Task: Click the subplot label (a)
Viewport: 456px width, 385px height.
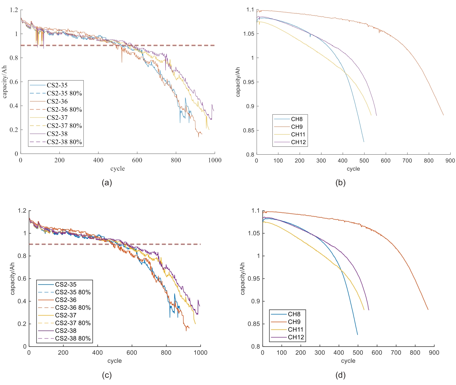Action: (x=107, y=183)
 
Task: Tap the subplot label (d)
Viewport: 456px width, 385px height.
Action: (x=340, y=375)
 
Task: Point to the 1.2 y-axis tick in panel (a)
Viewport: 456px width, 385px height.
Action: (x=14, y=10)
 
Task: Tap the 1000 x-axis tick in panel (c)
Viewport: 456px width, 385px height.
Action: (x=200, y=353)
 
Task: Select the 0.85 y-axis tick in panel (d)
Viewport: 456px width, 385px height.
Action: (x=254, y=324)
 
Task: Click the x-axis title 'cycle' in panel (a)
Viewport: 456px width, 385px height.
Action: (x=117, y=169)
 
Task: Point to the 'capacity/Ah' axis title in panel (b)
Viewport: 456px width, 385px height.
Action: (x=238, y=82)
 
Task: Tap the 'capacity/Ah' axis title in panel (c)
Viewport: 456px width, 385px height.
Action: (x=12, y=279)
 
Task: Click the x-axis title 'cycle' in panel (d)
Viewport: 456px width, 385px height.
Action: (x=348, y=361)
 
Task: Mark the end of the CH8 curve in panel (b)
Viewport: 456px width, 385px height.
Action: (x=364, y=142)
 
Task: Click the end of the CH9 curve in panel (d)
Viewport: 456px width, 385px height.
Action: (x=428, y=310)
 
